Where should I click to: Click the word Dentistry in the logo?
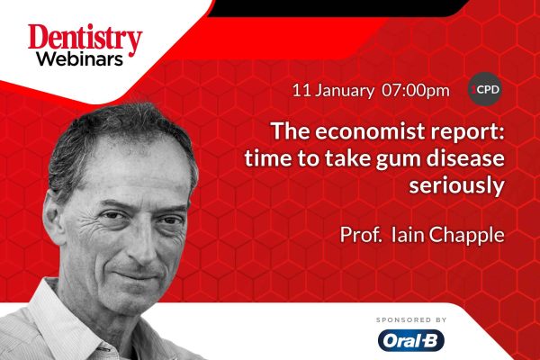point(85,39)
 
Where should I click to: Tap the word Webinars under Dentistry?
point(80,59)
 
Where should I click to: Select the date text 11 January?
point(333,91)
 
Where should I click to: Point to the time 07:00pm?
point(416,91)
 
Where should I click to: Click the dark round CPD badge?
point(484,89)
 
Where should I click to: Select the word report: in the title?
point(463,132)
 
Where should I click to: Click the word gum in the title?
point(397,160)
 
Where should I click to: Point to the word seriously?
point(456,186)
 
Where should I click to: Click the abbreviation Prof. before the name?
point(361,235)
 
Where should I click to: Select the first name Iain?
point(408,234)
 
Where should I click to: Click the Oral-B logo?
point(411,340)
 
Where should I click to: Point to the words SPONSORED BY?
point(411,320)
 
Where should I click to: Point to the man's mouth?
point(138,275)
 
